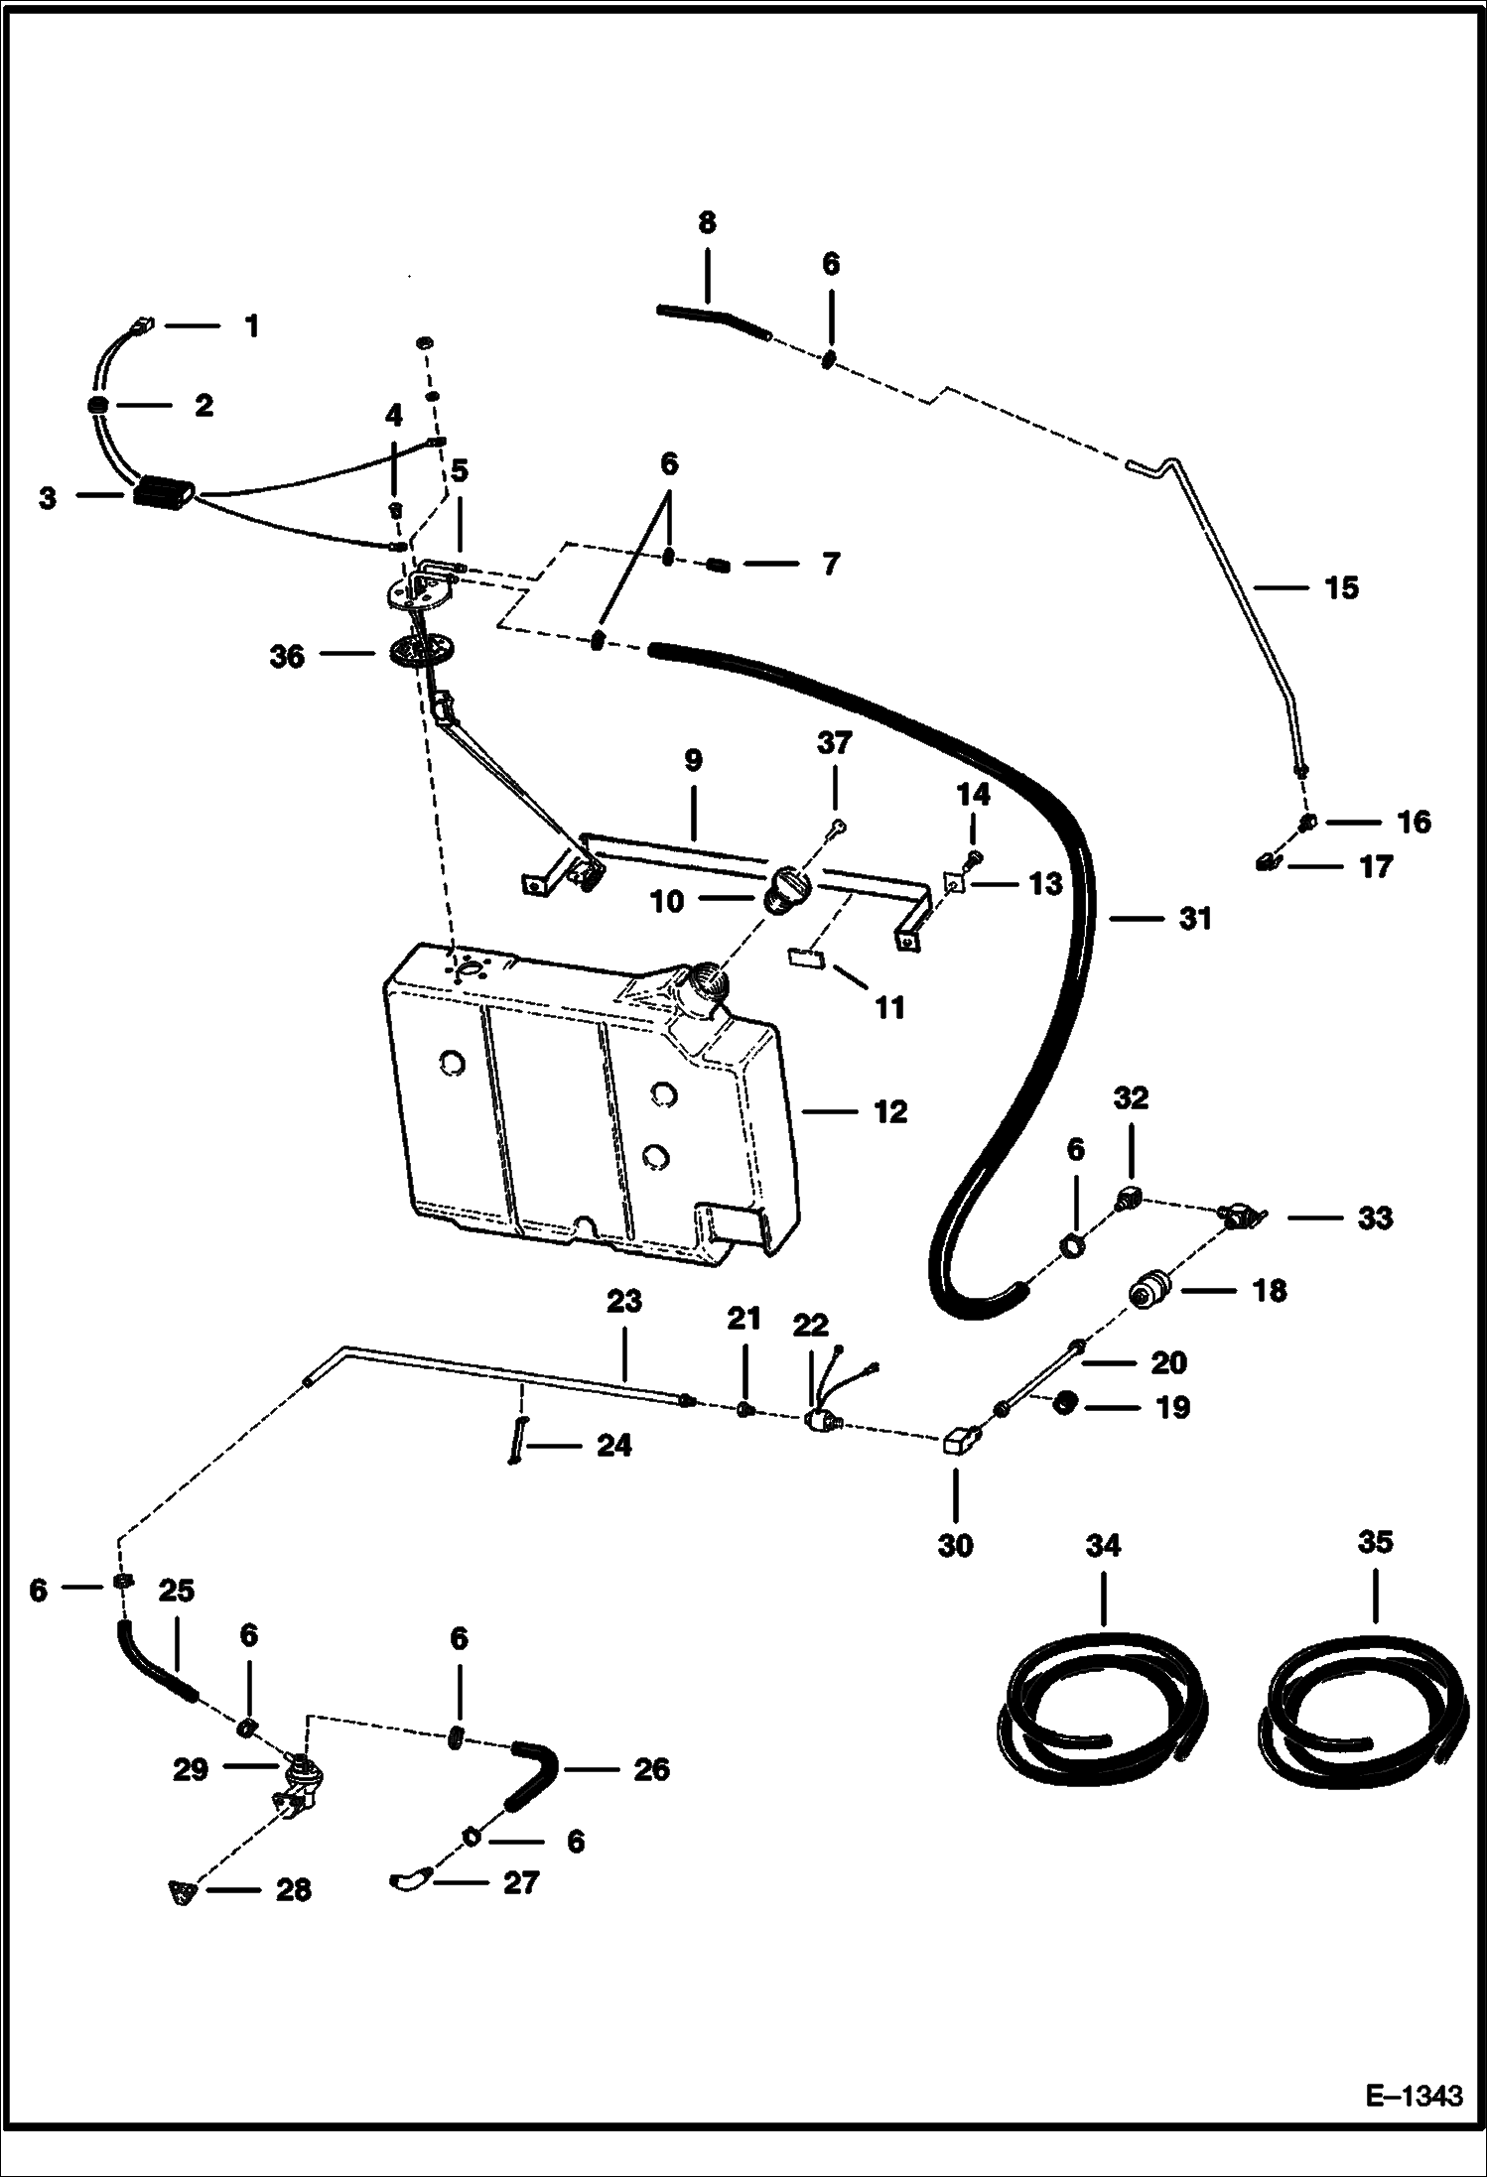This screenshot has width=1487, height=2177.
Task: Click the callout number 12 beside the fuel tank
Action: pos(890,1111)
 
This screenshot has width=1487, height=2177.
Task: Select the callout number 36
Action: pos(287,657)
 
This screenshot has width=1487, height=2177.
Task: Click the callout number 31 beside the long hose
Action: pos(1195,919)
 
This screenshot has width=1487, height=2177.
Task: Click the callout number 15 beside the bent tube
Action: pos(1341,587)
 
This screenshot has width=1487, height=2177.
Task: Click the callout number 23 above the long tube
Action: pos(623,1301)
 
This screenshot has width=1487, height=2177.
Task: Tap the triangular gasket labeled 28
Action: pos(181,1892)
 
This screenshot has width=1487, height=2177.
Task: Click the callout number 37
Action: pos(834,743)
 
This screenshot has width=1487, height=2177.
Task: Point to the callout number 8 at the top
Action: pos(706,222)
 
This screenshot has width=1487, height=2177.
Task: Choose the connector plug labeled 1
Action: pos(141,323)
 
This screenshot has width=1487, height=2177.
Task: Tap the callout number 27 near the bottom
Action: pos(520,1882)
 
